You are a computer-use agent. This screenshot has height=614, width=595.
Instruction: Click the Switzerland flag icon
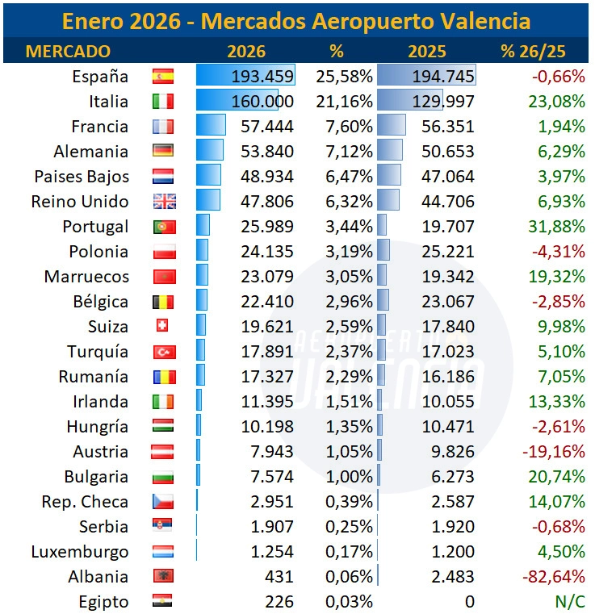(162, 326)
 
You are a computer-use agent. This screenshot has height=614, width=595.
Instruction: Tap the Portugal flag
(163, 227)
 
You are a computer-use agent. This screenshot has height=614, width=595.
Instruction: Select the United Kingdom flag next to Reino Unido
(163, 202)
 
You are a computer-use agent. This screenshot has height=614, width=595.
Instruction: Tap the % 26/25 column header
(533, 52)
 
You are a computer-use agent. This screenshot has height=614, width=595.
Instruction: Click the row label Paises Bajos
(81, 177)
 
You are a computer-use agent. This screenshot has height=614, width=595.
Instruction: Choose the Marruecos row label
(86, 277)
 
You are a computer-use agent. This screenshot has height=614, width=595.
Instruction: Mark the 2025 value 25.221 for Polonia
(448, 252)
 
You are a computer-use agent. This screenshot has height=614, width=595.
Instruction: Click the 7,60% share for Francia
(349, 127)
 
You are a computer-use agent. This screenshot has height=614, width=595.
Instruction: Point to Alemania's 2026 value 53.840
(267, 152)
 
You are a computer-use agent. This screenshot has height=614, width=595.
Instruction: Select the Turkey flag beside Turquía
(163, 352)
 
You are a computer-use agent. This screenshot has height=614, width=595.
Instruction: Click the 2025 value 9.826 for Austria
(453, 452)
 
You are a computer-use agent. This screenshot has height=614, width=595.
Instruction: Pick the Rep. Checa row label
(85, 502)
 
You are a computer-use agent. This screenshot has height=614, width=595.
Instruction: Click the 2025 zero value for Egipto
(469, 602)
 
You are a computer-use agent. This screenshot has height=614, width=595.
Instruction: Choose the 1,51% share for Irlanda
(349, 402)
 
